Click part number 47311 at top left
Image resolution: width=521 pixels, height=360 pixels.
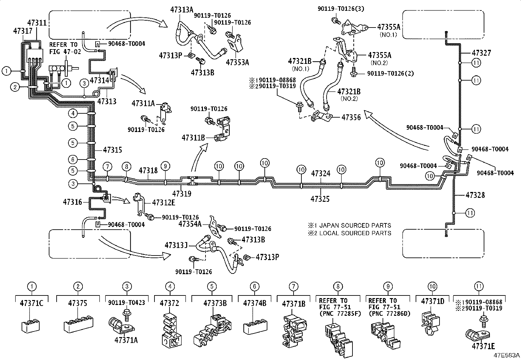[37, 23]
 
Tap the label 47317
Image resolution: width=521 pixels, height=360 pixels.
[23, 31]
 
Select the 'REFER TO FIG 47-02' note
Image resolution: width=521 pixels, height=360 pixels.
[65, 48]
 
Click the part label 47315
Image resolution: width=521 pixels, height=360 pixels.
[113, 150]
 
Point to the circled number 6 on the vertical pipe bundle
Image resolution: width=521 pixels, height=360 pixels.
[73, 160]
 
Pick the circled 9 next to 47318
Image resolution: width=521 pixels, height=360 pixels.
[165, 166]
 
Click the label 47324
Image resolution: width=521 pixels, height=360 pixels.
[321, 173]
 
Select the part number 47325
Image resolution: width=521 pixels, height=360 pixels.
[320, 199]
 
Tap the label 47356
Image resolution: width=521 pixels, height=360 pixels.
[351, 117]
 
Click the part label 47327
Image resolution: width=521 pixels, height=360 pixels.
[481, 53]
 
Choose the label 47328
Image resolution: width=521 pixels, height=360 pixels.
[475, 195]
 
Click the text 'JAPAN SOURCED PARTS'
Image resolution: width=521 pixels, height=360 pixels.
[355, 225]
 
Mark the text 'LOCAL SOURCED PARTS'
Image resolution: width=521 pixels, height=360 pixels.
[355, 233]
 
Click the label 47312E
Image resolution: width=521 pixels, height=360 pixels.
[164, 202]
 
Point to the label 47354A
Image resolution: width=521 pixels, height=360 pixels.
[190, 224]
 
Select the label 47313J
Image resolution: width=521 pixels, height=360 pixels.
[176, 245]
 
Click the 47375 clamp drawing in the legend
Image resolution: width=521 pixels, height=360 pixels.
[79, 323]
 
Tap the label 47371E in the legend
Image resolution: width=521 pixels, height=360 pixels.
[483, 346]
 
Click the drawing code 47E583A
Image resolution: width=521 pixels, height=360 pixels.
[507, 355]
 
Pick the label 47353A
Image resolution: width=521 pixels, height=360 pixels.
[238, 62]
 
